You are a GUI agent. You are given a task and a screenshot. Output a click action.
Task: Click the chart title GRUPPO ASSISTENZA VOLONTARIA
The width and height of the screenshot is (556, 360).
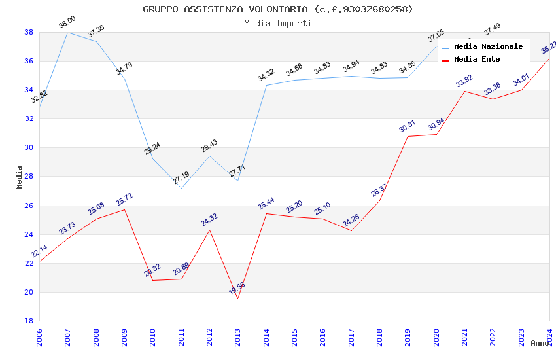click(x=278, y=9)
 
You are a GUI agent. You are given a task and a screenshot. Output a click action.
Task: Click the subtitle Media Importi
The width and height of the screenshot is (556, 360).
click(x=278, y=24)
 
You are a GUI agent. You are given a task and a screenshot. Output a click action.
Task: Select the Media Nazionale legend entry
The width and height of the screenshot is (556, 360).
click(x=488, y=47)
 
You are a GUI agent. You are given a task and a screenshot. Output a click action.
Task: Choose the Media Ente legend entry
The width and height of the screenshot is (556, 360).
click(x=477, y=60)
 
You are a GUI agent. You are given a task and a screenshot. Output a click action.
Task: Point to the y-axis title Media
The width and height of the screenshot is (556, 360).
click(x=20, y=177)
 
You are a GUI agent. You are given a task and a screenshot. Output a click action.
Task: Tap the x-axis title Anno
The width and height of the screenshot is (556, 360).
click(x=540, y=343)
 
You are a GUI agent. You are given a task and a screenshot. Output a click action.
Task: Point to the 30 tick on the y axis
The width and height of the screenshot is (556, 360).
click(x=29, y=148)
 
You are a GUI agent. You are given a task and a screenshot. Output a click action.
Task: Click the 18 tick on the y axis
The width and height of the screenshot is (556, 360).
click(x=29, y=321)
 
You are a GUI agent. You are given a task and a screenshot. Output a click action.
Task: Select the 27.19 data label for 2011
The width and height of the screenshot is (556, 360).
click(x=181, y=178)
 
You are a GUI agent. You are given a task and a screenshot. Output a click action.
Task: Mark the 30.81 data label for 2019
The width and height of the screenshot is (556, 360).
click(x=408, y=126)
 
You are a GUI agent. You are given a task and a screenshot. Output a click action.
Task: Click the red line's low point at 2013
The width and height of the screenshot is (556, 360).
click(x=237, y=298)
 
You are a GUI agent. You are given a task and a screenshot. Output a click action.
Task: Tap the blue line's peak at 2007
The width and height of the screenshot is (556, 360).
click(x=67, y=32)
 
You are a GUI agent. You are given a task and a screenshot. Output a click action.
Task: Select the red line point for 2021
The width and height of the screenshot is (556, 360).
click(x=464, y=91)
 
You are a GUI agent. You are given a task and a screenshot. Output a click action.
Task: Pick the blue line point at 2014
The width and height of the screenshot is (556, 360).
click(x=266, y=85)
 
